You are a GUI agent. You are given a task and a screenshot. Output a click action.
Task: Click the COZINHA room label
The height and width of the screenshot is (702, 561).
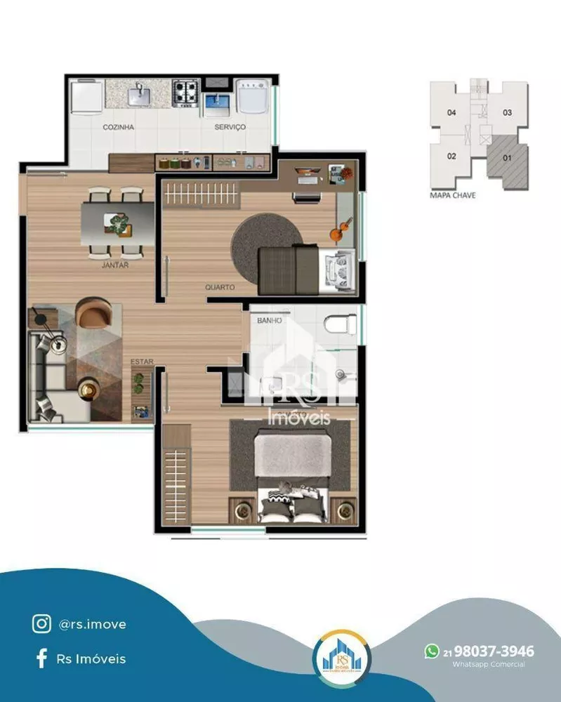118,128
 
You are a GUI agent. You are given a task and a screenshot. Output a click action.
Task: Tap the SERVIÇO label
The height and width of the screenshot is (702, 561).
230,128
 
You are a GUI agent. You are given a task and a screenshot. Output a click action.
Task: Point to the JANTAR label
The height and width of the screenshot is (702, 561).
114,265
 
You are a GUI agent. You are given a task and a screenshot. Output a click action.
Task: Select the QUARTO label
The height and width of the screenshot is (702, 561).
220,287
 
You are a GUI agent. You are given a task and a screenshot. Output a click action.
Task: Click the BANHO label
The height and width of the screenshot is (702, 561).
270,320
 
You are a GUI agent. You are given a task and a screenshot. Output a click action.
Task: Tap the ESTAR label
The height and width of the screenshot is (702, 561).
142,362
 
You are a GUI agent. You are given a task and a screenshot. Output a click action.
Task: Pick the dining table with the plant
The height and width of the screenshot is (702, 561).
118,223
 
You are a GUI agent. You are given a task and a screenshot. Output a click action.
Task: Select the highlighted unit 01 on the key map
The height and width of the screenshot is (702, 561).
507,158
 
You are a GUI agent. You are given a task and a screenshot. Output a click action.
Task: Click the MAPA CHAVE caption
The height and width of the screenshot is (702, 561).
452,195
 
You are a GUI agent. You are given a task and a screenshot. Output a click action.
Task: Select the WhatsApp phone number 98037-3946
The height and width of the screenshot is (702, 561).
494,651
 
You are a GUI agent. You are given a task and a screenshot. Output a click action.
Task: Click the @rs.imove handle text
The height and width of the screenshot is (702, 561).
93,623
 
